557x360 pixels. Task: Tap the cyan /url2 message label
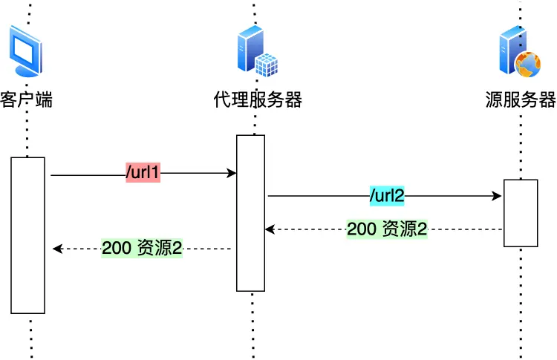[386, 197]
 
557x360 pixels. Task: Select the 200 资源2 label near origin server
[387, 229]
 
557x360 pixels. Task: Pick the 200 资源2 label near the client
[142, 249]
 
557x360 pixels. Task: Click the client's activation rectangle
[27, 235]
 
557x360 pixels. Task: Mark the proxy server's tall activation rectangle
[251, 213]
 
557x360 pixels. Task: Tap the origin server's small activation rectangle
[521, 213]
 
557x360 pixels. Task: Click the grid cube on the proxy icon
[267, 65]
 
